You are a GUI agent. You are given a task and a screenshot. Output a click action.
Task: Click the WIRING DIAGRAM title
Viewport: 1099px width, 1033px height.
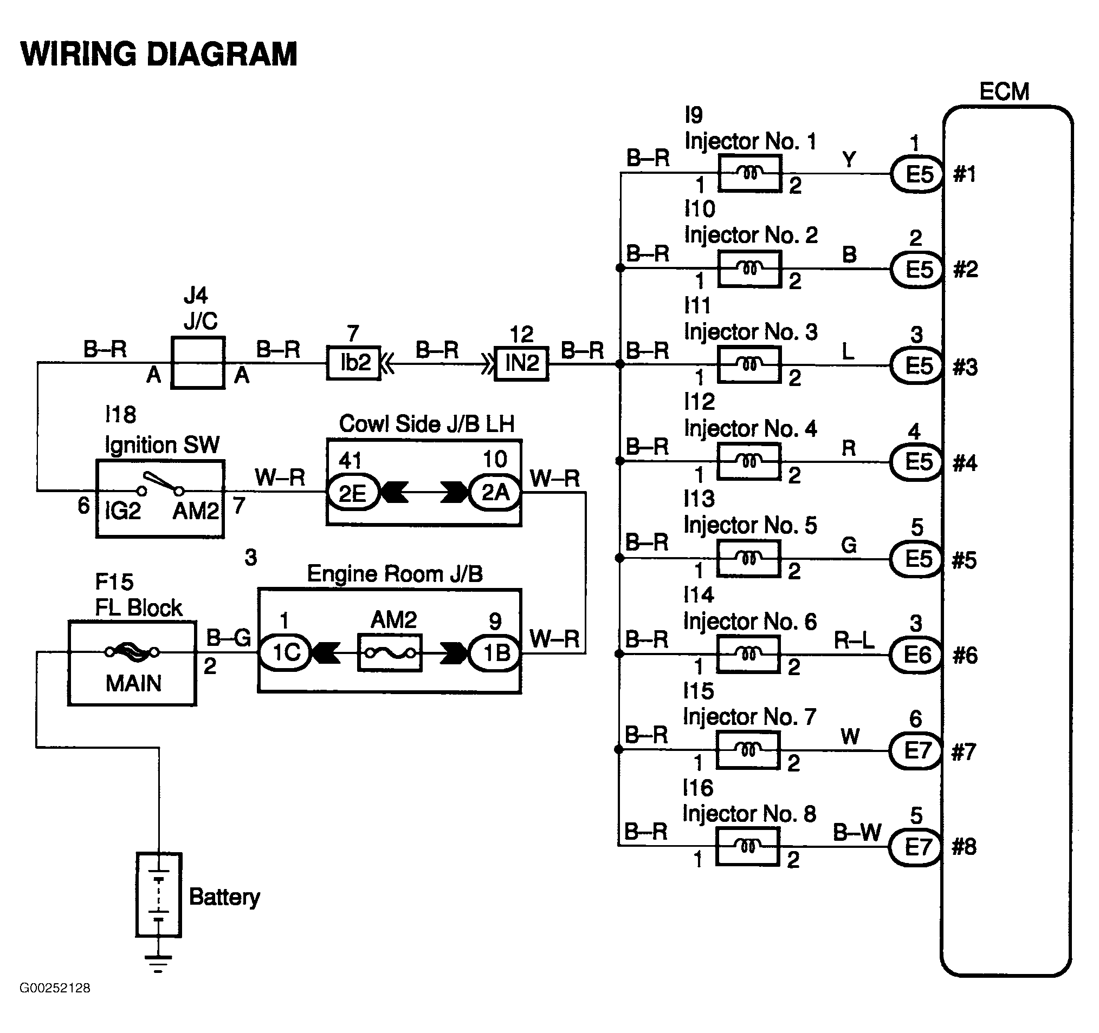click(x=159, y=54)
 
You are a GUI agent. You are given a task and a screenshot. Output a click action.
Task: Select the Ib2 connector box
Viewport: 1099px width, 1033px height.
click(x=354, y=363)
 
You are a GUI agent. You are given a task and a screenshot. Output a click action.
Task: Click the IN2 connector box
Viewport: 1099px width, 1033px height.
click(x=521, y=363)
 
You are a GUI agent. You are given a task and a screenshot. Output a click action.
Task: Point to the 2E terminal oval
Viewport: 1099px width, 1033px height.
click(x=353, y=492)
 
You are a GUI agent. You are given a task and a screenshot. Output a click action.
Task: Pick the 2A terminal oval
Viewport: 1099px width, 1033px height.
click(x=495, y=492)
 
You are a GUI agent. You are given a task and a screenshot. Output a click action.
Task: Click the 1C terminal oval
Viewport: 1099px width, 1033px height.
click(x=285, y=653)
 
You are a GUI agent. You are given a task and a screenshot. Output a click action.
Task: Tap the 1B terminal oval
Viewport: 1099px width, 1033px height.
click(x=495, y=653)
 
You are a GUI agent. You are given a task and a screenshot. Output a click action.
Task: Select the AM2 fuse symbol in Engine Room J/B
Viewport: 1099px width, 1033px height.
click(x=390, y=653)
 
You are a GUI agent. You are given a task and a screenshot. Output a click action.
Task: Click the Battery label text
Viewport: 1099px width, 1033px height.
click(x=224, y=897)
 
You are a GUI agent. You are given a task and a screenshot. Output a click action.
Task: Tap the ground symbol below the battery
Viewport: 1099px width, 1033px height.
click(x=158, y=963)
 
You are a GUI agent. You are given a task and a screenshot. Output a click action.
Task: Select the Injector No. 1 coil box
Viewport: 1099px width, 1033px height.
click(x=749, y=173)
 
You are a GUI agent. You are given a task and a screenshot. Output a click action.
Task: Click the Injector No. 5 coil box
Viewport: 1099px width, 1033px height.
click(x=748, y=559)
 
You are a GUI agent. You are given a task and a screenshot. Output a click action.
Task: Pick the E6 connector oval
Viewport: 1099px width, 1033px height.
click(x=915, y=655)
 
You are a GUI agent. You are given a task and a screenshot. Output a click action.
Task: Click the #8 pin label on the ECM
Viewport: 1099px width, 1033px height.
click(x=964, y=846)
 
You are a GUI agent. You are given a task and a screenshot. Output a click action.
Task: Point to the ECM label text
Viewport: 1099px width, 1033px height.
click(x=1005, y=91)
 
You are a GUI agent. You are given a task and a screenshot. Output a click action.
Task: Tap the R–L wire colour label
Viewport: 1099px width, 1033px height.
click(x=854, y=640)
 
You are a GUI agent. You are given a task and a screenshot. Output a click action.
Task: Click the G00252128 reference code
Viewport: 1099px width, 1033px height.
click(x=55, y=1003)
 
